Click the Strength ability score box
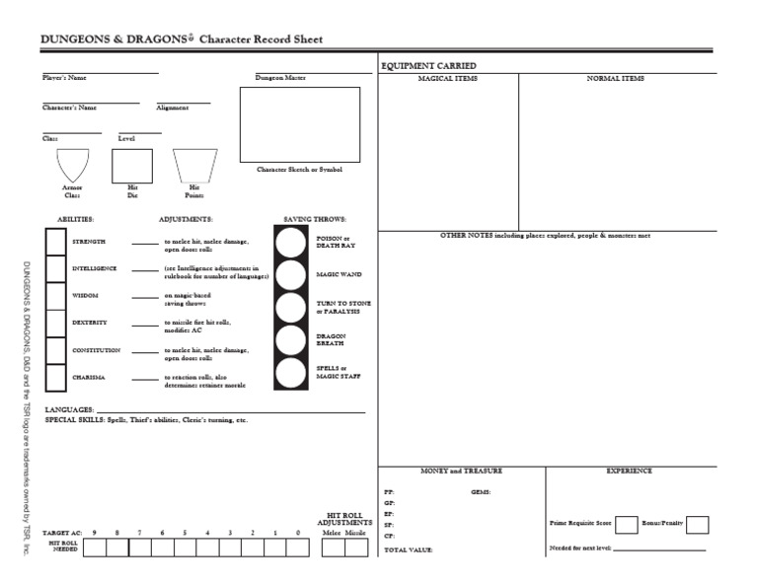(x=54, y=242)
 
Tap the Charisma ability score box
(x=54, y=378)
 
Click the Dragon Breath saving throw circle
(x=290, y=339)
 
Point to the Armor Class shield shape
(x=73, y=165)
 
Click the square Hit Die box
(x=131, y=166)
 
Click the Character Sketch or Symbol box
(x=299, y=123)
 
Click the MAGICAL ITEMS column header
(x=448, y=78)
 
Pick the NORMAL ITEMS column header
(x=615, y=78)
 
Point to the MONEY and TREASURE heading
(x=448, y=472)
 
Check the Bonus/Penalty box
(x=697, y=524)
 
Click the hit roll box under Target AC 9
(x=95, y=548)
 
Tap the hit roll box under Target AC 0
(x=298, y=548)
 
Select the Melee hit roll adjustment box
(x=333, y=548)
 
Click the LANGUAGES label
(x=69, y=409)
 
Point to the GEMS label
(x=481, y=490)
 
